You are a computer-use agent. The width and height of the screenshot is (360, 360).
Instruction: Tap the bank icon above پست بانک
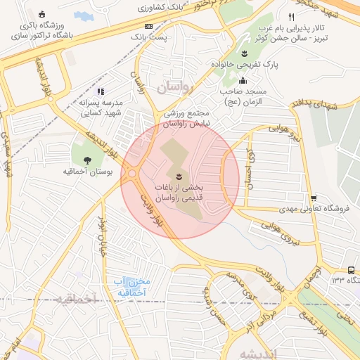[148, 25]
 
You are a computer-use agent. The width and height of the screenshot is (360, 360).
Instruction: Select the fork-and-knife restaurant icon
[291, 16]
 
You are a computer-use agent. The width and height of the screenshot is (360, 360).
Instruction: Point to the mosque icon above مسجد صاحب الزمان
[243, 79]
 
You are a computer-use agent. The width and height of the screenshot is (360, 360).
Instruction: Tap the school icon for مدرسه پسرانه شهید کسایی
[101, 91]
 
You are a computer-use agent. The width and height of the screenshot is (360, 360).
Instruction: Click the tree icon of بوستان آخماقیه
[87, 160]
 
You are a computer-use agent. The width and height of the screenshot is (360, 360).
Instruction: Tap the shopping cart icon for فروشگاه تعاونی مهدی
[314, 198]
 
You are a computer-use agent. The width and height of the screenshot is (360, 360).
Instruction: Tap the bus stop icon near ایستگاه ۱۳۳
[351, 270]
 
